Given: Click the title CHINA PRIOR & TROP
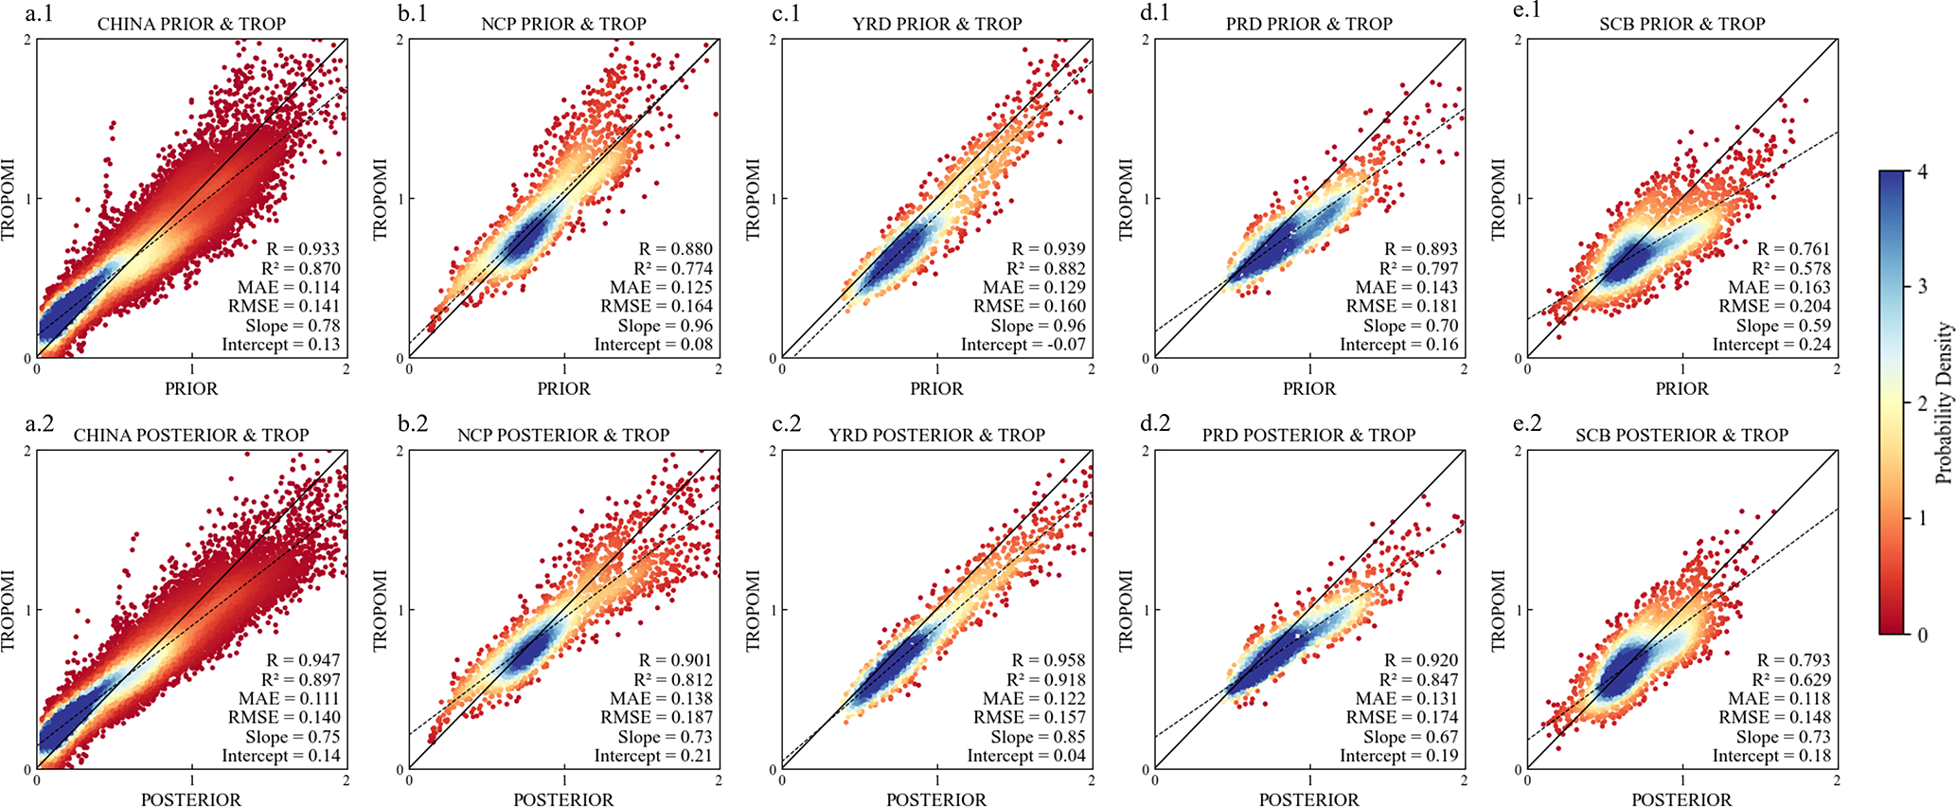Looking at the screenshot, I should click(191, 24).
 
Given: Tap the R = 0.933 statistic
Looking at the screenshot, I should click(303, 249).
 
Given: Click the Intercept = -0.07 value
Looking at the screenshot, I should click(1023, 345).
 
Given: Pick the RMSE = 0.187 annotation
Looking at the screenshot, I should click(657, 718).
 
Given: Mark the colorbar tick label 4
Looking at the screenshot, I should click(1923, 171).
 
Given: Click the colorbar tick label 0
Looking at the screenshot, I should click(1923, 635).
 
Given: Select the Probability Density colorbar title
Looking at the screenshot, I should click(1944, 403).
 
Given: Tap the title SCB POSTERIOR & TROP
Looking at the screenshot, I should click(1681, 436).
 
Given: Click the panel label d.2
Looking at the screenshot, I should click(1157, 423).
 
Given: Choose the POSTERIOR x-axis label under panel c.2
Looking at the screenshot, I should click(936, 800).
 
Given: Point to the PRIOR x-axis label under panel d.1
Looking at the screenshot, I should click(1309, 389).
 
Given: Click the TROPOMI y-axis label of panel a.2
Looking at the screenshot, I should click(9, 610).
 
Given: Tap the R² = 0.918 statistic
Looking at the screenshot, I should click(1046, 680).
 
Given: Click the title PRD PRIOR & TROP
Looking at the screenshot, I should click(1308, 24).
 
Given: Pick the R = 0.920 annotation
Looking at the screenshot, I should click(1421, 660).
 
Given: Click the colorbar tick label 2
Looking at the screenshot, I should click(1923, 403).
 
